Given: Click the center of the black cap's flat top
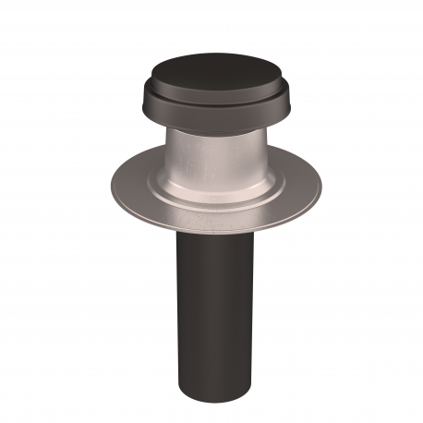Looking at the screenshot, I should [211, 70].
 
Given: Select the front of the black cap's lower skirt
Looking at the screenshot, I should [211, 120].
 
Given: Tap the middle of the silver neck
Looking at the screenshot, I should [211, 157].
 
